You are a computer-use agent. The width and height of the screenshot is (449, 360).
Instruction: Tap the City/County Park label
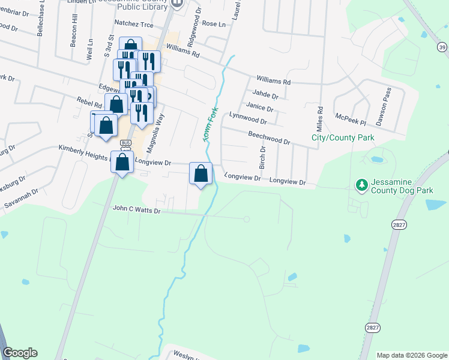click(343, 138)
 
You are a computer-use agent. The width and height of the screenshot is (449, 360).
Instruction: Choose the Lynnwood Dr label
click(247, 118)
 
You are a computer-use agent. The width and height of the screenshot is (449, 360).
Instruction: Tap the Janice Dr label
click(259, 107)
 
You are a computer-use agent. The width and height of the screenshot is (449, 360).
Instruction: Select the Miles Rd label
click(320, 118)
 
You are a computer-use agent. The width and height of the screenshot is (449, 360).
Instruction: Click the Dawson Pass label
click(383, 106)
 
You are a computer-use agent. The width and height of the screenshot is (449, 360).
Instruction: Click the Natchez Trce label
click(134, 23)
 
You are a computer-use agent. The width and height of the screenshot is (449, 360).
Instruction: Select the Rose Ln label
click(214, 24)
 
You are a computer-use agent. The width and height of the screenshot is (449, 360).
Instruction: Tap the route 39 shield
click(442, 47)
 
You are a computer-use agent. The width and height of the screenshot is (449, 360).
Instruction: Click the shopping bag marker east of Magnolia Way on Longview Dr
click(201, 174)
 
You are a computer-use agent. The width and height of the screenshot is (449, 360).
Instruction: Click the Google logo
click(20, 353)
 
